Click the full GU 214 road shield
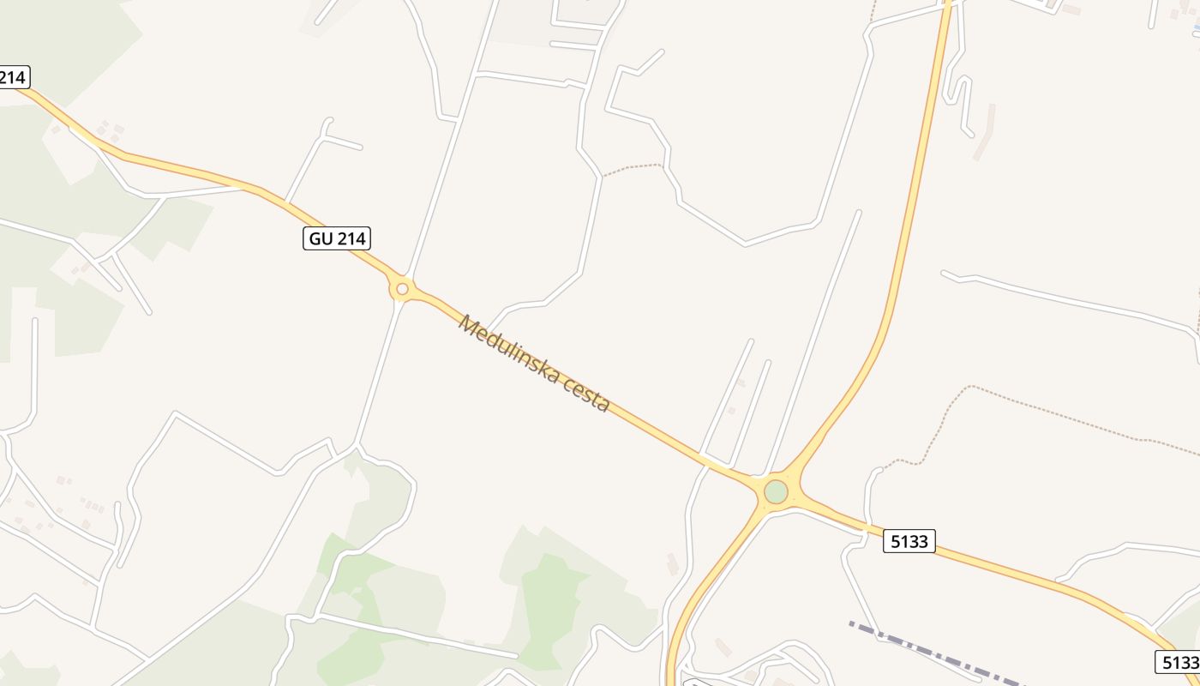pyautogui.click(x=337, y=238)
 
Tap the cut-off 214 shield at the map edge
pyautogui.click(x=14, y=77)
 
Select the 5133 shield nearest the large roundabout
pyautogui.click(x=909, y=540)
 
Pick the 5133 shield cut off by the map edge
pyautogui.click(x=1178, y=662)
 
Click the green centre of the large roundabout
pyautogui.click(x=776, y=492)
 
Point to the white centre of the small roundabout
pyautogui.click(x=402, y=289)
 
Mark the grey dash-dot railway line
pyautogui.click(x=926, y=652)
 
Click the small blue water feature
pyautogui.click(x=1197, y=30)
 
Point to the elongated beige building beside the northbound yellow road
pyautogui.click(x=984, y=133)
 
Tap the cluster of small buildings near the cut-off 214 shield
pyautogui.click(x=108, y=130)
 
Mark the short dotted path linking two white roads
pyautogui.click(x=633, y=168)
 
